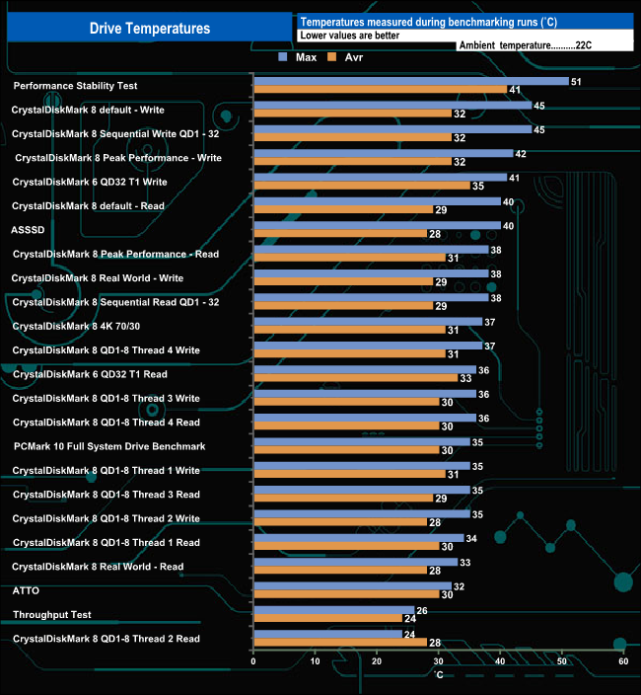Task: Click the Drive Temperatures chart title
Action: (x=150, y=29)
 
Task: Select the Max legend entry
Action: (x=299, y=57)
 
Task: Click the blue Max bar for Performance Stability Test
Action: (x=411, y=81)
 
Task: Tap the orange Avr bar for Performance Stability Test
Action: (x=380, y=90)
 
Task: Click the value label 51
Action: (x=576, y=81)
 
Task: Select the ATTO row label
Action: (x=26, y=590)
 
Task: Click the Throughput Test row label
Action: (x=52, y=615)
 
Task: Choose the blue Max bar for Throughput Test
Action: (x=334, y=610)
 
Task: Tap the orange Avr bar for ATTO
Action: (x=345, y=594)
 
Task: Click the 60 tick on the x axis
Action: (x=623, y=661)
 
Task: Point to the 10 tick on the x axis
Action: (x=316, y=661)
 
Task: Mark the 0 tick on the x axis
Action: (x=253, y=661)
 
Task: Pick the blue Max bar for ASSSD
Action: (x=378, y=225)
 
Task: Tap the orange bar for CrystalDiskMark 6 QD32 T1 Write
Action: (x=362, y=186)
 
